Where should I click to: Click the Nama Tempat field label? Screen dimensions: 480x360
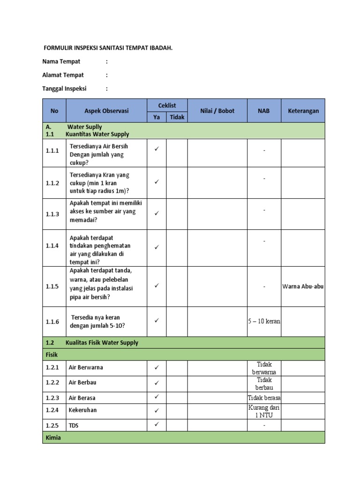point(61,61)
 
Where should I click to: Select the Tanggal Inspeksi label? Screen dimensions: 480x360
point(64,88)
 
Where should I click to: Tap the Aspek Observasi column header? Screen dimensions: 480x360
point(106,111)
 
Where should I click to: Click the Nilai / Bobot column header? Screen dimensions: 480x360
point(217,111)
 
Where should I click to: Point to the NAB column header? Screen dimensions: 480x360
point(263,111)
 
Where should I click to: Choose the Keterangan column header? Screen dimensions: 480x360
point(303,111)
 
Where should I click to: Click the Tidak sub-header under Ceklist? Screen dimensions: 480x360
point(177,117)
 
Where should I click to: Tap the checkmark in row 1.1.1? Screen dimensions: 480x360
point(157,149)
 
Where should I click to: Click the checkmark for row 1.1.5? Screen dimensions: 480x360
point(157,285)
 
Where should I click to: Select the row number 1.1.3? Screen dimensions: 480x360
point(52,214)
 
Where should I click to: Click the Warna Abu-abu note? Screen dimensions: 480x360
point(303,286)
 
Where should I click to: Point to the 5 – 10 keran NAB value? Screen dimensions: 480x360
point(264,322)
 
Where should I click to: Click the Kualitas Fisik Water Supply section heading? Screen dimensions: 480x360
point(102,343)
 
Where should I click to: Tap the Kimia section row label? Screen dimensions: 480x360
point(53,437)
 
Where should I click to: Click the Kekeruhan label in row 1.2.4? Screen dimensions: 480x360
point(82,410)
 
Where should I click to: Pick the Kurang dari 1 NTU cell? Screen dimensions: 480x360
point(264,411)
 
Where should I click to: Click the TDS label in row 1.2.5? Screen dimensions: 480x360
point(74,426)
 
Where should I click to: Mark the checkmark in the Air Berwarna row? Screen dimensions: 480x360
point(157,367)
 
